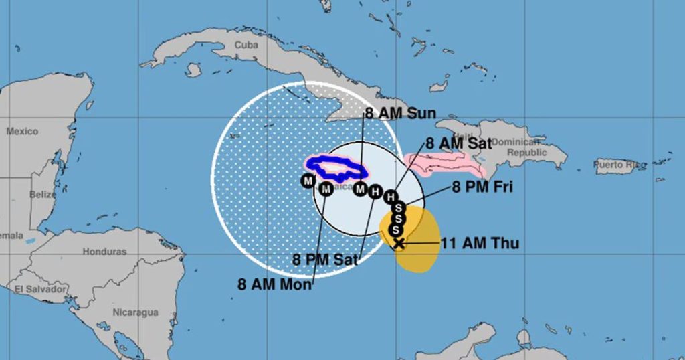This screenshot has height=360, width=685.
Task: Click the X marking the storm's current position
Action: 399,243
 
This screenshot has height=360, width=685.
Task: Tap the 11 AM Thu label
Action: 480,244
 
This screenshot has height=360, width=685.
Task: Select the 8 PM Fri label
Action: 482,187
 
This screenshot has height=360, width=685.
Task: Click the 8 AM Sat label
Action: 459,143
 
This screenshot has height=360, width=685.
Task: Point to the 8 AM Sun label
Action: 401,113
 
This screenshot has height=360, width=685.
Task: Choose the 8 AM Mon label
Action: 274,284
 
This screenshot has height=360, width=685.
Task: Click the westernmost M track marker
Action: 308,181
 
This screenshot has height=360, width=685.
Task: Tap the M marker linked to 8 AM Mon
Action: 326,189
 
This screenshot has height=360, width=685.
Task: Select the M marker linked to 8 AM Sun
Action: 361,189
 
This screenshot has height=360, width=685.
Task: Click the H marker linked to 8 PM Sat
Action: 375,193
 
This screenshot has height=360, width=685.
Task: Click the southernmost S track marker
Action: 395,230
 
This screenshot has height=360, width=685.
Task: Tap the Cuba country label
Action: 246,46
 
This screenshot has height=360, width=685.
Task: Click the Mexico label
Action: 23,132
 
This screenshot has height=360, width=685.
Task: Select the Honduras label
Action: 104,252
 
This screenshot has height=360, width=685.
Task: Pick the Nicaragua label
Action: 135,312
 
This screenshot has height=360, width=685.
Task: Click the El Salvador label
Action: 41,289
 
